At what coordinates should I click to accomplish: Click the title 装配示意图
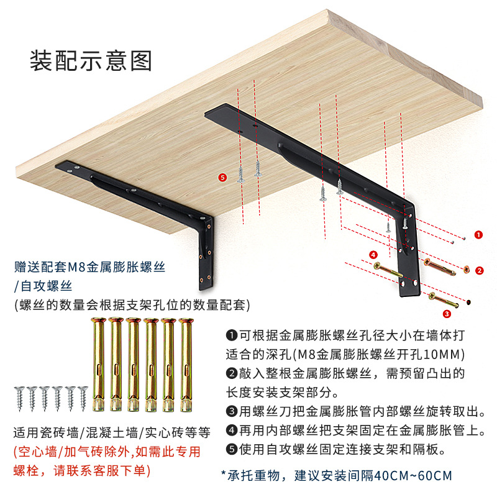click(91, 60)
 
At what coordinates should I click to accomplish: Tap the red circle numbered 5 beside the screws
click(223, 177)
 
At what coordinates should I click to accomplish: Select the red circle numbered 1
click(478, 235)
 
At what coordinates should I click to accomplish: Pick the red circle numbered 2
click(479, 271)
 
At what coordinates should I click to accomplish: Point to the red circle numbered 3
click(447, 314)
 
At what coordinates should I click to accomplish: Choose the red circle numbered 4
click(373, 255)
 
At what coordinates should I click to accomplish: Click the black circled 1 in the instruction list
click(232, 335)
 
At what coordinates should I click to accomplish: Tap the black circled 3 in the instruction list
click(232, 411)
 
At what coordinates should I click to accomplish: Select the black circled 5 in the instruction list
click(232, 449)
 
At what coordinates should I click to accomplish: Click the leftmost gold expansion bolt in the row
click(98, 365)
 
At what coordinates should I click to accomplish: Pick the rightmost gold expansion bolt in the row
click(186, 365)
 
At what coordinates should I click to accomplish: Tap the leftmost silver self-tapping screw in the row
click(20, 398)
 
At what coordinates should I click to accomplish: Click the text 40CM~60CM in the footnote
click(413, 475)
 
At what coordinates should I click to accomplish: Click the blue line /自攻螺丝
click(43, 286)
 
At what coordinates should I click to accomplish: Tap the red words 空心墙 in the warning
click(37, 452)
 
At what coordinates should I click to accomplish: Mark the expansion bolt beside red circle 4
click(388, 270)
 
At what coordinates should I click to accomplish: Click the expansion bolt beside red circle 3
click(444, 300)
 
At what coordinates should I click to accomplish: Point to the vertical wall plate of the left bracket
click(206, 253)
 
